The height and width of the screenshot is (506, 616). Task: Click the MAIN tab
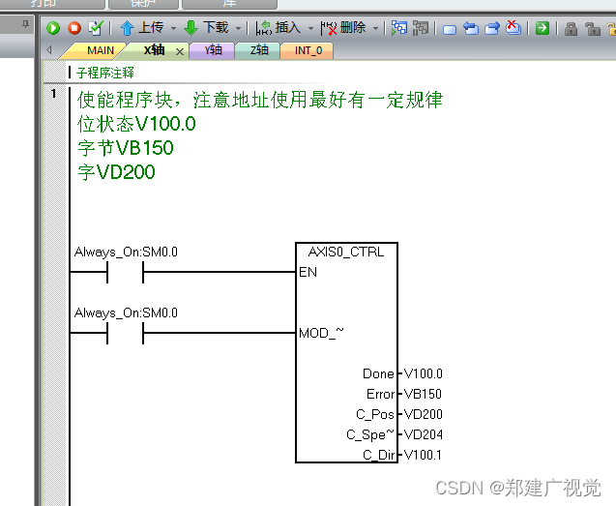(x=100, y=50)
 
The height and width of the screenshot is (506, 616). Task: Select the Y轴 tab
(x=214, y=50)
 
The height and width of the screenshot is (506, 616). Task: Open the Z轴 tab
(x=258, y=50)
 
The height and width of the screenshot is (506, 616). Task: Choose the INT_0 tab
(x=308, y=50)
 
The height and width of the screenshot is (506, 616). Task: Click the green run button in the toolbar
(x=53, y=28)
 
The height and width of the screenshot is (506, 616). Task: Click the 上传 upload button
(x=141, y=28)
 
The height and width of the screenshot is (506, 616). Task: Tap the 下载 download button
(x=206, y=28)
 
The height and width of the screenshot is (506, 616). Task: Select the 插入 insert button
(x=279, y=28)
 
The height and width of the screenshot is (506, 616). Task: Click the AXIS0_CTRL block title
(x=345, y=253)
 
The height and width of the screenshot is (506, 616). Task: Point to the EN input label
(x=308, y=273)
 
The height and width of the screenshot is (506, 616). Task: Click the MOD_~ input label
(x=321, y=334)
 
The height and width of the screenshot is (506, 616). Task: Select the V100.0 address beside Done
(x=423, y=373)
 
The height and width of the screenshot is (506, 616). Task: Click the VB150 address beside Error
(x=423, y=394)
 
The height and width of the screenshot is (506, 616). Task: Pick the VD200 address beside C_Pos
(x=423, y=414)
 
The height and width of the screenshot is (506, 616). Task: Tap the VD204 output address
(x=423, y=434)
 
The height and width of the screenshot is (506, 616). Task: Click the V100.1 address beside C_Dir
(x=423, y=455)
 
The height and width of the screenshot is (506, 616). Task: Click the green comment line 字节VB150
(x=126, y=148)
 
